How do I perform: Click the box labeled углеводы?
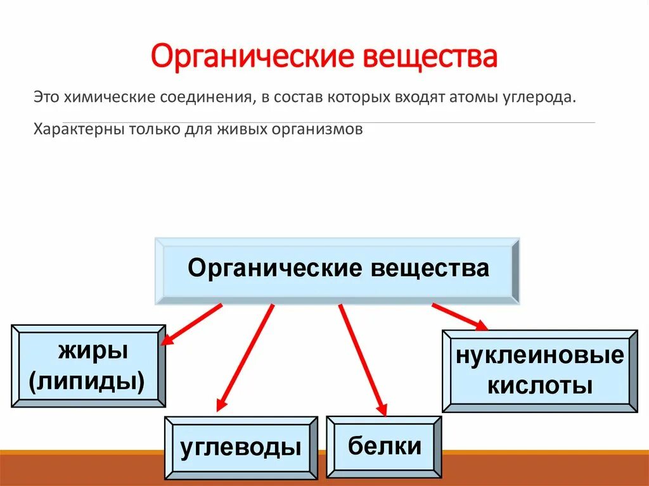[x=241, y=447]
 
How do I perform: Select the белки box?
[x=384, y=446]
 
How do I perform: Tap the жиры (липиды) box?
[x=88, y=366]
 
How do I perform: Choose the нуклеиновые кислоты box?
[x=539, y=371]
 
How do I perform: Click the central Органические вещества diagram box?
[x=338, y=269]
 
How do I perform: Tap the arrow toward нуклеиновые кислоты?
[x=459, y=316]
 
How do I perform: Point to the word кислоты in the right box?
[x=539, y=386]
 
